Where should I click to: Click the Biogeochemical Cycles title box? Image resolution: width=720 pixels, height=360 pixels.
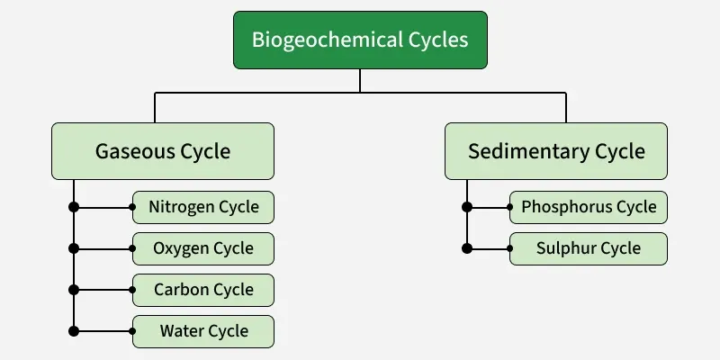click(360, 40)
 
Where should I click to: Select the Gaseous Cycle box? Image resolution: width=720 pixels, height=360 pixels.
click(163, 151)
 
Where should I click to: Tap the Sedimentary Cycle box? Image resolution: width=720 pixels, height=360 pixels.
click(556, 151)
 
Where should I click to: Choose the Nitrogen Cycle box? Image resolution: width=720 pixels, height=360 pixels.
click(203, 207)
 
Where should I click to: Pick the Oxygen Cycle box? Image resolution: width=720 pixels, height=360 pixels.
click(203, 248)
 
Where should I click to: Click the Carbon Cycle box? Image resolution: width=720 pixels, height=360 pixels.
click(203, 290)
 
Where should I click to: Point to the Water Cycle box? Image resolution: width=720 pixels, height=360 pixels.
click(203, 331)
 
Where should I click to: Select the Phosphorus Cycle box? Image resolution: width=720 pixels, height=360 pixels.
click(589, 207)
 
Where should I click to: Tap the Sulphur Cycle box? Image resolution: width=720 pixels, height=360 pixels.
click(589, 248)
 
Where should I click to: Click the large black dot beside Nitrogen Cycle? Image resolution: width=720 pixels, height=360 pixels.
click(74, 207)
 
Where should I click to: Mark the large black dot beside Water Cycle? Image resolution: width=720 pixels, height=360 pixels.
click(74, 331)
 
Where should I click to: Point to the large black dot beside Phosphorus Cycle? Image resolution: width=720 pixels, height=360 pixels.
click(467, 207)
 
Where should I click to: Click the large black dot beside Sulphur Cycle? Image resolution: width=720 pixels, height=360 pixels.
click(467, 248)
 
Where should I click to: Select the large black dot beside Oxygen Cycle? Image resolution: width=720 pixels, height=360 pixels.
click(74, 248)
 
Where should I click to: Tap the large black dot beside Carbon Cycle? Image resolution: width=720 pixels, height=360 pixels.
click(74, 290)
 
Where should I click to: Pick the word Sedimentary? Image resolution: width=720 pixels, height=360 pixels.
click(527, 151)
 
